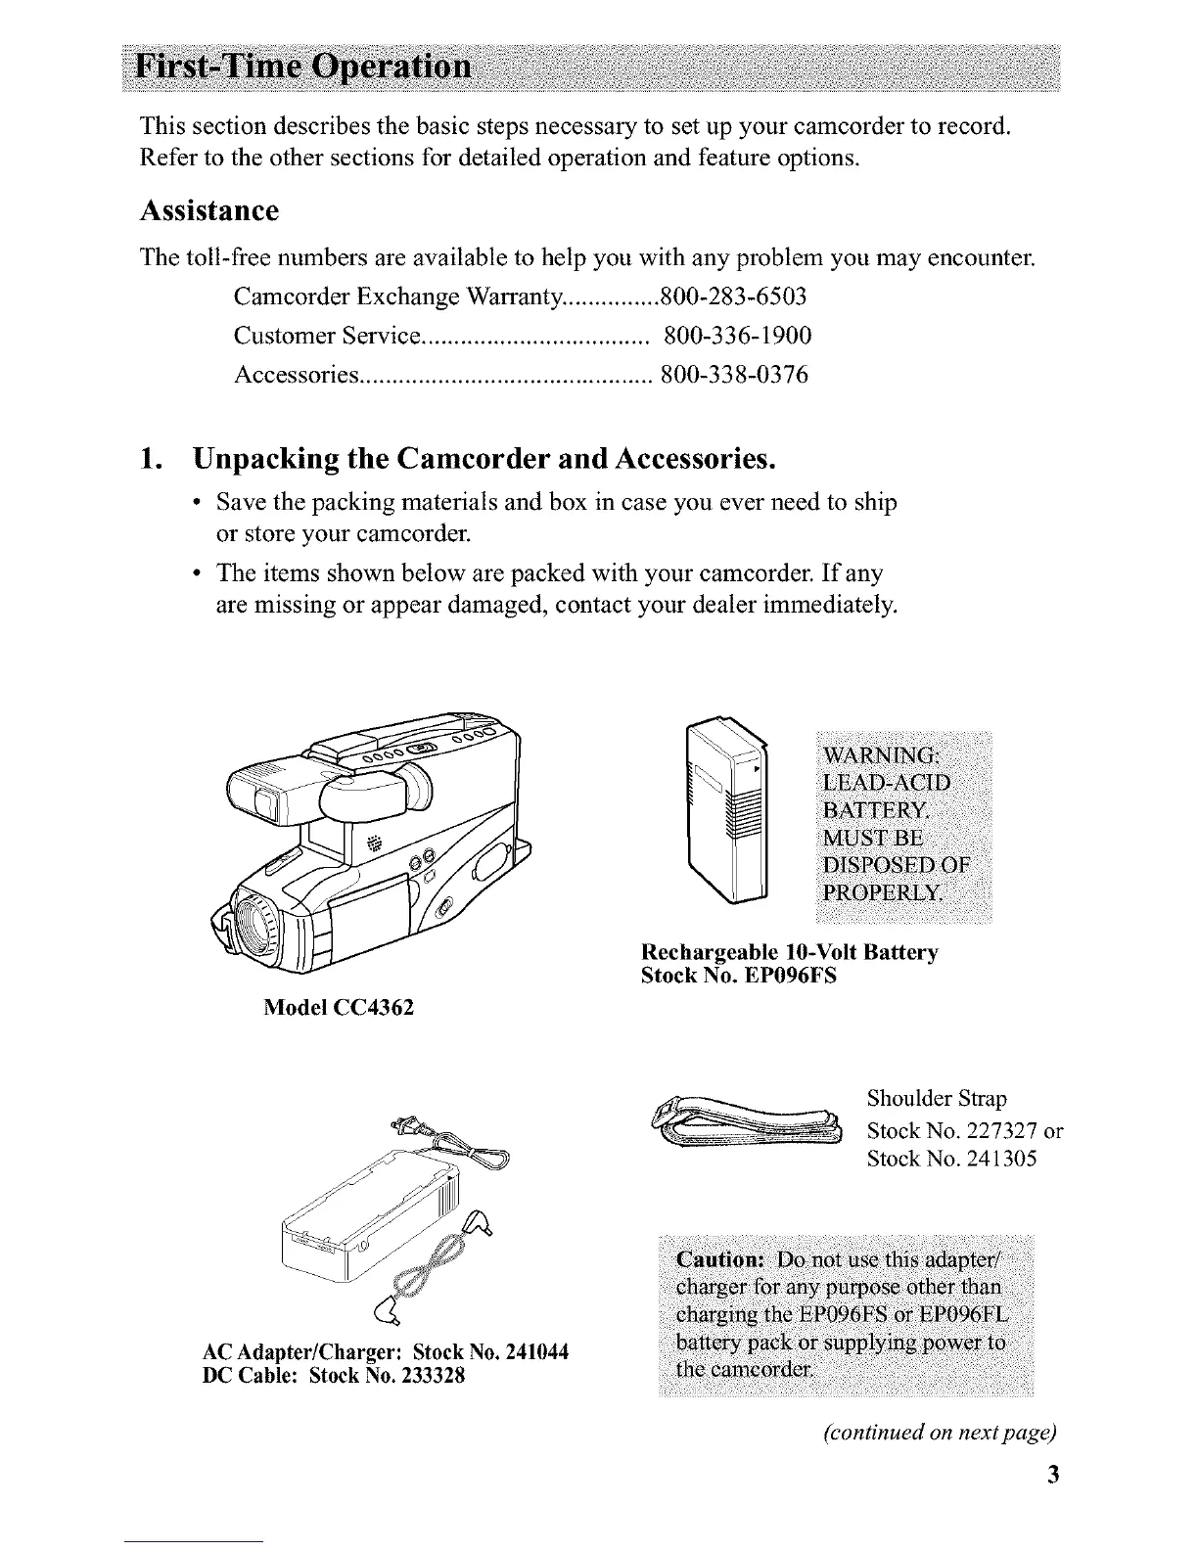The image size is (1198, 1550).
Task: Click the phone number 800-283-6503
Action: (x=734, y=296)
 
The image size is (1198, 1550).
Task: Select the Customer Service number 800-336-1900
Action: (x=737, y=337)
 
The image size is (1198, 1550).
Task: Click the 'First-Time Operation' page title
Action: (x=305, y=69)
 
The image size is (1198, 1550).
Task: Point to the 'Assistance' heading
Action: (x=209, y=211)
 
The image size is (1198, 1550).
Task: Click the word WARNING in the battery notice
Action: (x=881, y=756)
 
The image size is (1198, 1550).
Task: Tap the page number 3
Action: (x=1052, y=1475)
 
